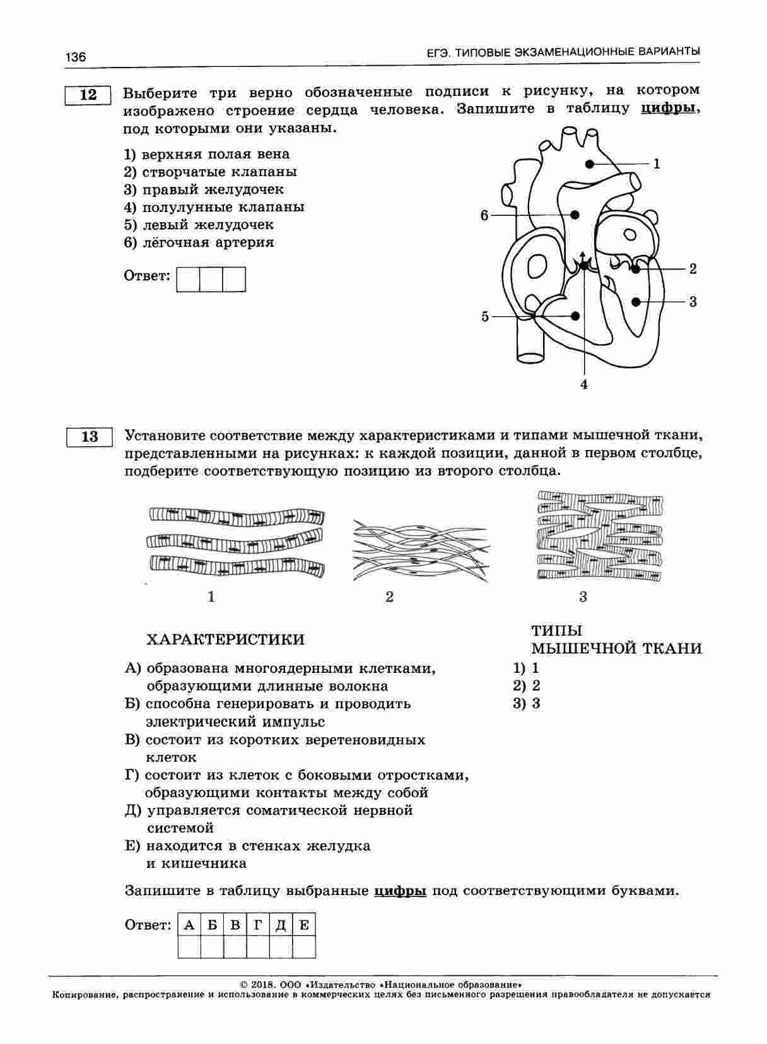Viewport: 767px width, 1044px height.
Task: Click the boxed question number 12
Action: coord(88,95)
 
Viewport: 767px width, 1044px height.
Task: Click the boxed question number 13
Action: coord(89,437)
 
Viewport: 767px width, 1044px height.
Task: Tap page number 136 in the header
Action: coord(75,57)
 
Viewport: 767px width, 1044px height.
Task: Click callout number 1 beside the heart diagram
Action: coord(657,164)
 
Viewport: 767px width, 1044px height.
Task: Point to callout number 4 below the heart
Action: coord(584,384)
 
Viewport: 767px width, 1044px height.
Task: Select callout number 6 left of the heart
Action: coord(484,216)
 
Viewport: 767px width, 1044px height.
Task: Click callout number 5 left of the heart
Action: coord(485,316)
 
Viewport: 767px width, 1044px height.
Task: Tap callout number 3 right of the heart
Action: coord(693,302)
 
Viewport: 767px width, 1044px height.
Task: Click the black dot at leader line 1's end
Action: coord(589,164)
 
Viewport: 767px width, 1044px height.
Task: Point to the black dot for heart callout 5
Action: coord(575,316)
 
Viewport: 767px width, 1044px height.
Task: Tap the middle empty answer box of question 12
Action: coord(211,279)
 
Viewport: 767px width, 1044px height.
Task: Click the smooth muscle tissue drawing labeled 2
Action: coord(420,550)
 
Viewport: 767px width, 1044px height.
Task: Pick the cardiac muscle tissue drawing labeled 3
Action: coord(599,537)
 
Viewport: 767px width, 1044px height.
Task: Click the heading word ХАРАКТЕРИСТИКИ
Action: coord(225,639)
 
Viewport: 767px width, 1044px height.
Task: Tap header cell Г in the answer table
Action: coord(258,925)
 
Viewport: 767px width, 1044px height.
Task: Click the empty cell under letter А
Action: coord(189,947)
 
